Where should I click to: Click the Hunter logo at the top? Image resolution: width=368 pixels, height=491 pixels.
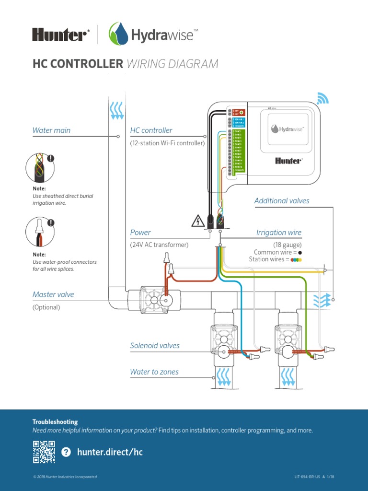61,35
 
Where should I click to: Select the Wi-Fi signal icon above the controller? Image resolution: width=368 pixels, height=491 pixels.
323,98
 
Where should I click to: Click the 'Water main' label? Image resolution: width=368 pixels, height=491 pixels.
51,130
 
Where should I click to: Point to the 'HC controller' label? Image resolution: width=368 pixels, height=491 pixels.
151,130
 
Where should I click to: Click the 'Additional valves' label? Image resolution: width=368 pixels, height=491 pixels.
282,201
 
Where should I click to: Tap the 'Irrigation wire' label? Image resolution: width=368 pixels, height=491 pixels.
279,233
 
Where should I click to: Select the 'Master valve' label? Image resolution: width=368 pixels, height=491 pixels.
53,294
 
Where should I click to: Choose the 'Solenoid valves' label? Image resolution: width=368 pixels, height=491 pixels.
155,345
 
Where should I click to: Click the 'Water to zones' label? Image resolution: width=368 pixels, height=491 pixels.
154,372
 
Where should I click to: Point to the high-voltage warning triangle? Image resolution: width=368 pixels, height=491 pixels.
198,221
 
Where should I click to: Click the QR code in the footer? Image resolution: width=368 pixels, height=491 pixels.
44,452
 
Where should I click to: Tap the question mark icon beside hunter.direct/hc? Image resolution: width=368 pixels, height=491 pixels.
66,452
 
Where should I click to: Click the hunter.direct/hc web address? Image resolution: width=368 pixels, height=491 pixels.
110,452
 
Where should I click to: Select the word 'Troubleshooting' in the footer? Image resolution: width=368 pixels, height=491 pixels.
55,422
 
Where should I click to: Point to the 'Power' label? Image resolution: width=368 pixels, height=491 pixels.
140,233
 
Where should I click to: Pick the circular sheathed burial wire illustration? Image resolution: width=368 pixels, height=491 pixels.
39,168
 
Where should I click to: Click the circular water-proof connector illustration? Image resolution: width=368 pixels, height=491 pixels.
39,232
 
